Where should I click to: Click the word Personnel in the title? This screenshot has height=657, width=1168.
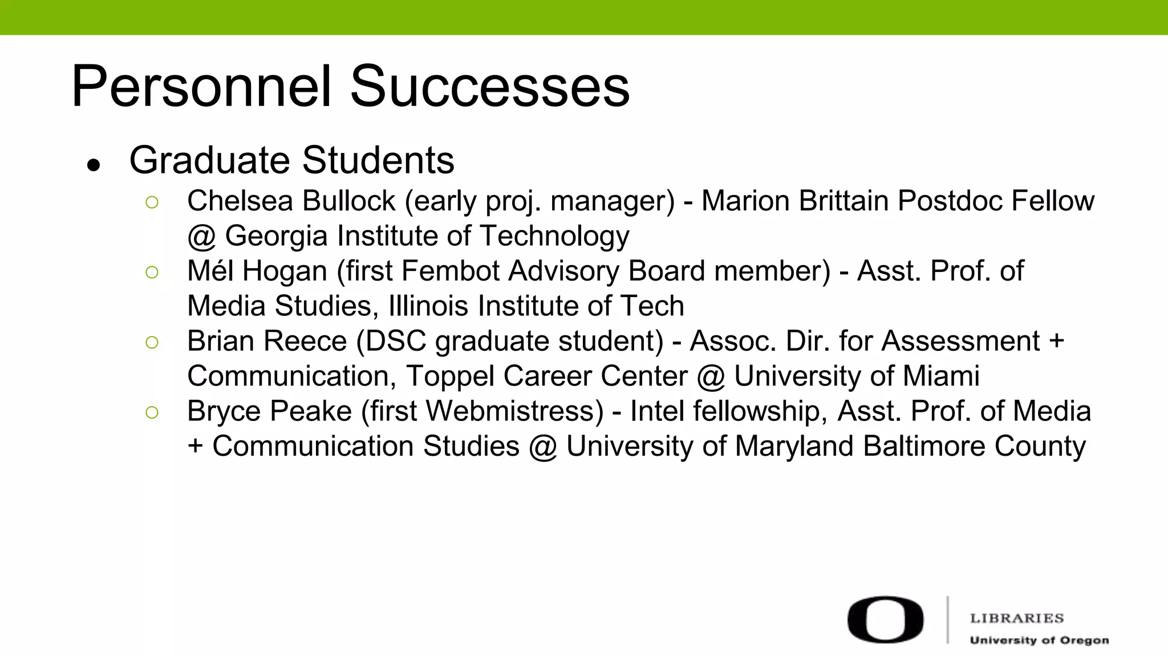pos(201,87)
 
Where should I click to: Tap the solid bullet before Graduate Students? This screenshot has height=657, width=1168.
pos(94,165)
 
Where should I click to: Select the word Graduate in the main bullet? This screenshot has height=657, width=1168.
pos(210,160)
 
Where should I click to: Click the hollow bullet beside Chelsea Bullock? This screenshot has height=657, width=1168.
pos(152,202)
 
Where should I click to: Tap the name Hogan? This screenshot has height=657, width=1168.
pos(285,271)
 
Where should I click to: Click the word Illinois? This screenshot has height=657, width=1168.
pos(428,306)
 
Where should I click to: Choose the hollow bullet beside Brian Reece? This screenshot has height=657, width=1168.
pos(152,342)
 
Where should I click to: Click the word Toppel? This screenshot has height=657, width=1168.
pos(450,376)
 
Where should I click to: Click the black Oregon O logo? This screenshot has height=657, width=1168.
pos(885,620)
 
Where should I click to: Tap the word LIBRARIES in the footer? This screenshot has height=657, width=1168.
pos(1017,618)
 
